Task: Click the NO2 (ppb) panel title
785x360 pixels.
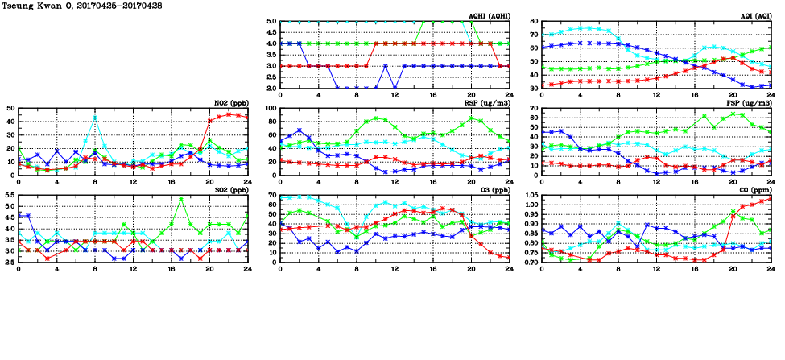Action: point(230,103)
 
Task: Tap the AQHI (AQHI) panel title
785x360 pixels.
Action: point(488,16)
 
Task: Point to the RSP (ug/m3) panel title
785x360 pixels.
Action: point(488,103)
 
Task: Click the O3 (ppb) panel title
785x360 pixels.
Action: point(493,191)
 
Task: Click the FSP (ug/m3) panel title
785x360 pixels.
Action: point(750,103)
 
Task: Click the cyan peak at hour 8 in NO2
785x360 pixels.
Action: point(95,118)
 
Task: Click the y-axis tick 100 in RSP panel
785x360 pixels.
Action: point(270,108)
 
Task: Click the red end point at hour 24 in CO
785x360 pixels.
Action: point(771,197)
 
